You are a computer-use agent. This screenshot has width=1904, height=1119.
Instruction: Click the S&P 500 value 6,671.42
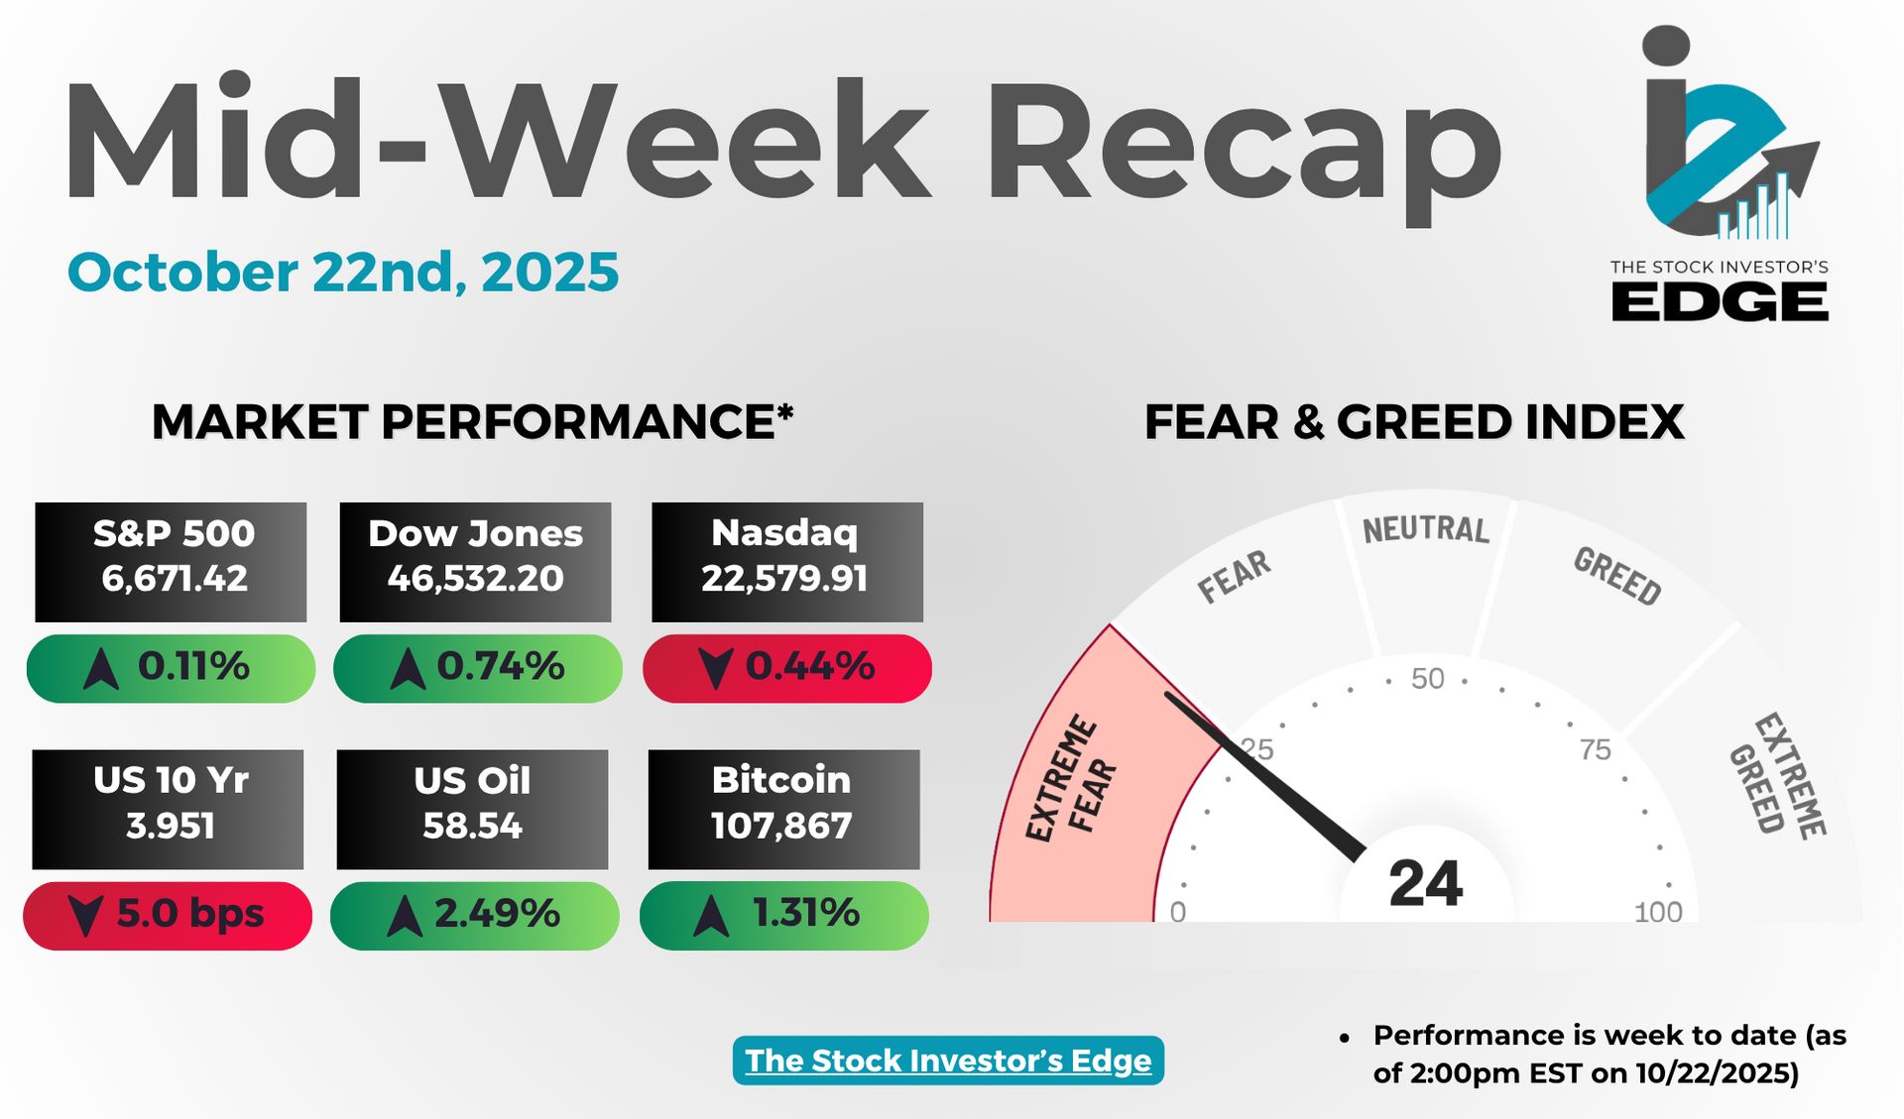[x=175, y=578]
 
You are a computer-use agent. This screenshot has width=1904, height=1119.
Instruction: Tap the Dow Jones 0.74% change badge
[x=478, y=669]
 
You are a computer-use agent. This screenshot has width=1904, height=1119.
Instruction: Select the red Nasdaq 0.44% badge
[x=787, y=669]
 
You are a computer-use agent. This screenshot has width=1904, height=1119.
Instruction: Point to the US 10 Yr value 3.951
[x=171, y=826]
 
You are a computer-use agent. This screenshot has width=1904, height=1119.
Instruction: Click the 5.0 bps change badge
[x=168, y=916]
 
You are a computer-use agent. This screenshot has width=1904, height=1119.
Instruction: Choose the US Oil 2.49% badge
[x=475, y=916]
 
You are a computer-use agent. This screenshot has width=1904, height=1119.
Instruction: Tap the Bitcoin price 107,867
[x=781, y=826]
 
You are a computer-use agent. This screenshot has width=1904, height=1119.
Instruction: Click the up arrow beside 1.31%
[x=711, y=916]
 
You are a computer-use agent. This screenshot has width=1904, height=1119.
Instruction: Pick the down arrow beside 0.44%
[x=716, y=669]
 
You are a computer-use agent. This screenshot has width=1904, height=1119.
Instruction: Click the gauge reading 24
[x=1426, y=883]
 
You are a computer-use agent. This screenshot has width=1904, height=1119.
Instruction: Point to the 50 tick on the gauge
[x=1428, y=679]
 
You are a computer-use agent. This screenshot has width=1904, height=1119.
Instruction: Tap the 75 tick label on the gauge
[x=1596, y=749]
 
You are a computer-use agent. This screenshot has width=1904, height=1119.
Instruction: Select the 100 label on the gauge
[x=1658, y=912]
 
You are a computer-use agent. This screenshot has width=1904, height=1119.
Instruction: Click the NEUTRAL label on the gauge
[x=1426, y=529]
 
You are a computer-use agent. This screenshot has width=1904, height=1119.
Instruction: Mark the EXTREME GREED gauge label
[x=1777, y=775]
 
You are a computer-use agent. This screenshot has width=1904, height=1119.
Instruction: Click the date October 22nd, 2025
[x=343, y=273]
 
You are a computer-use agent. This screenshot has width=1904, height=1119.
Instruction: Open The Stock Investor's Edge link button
[x=948, y=1061]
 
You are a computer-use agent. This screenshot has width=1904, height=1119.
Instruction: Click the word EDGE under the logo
[x=1720, y=301]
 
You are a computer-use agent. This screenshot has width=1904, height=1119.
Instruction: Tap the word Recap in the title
[x=1244, y=145]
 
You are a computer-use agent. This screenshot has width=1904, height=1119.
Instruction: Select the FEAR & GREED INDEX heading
[x=1414, y=422]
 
